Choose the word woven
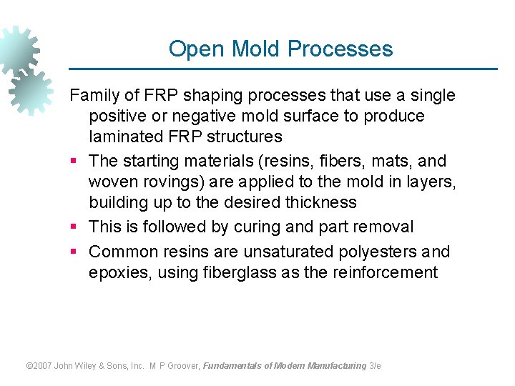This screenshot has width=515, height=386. coord(112,182)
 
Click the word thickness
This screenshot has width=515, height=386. coord(320,202)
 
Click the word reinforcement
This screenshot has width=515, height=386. coord(386,272)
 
